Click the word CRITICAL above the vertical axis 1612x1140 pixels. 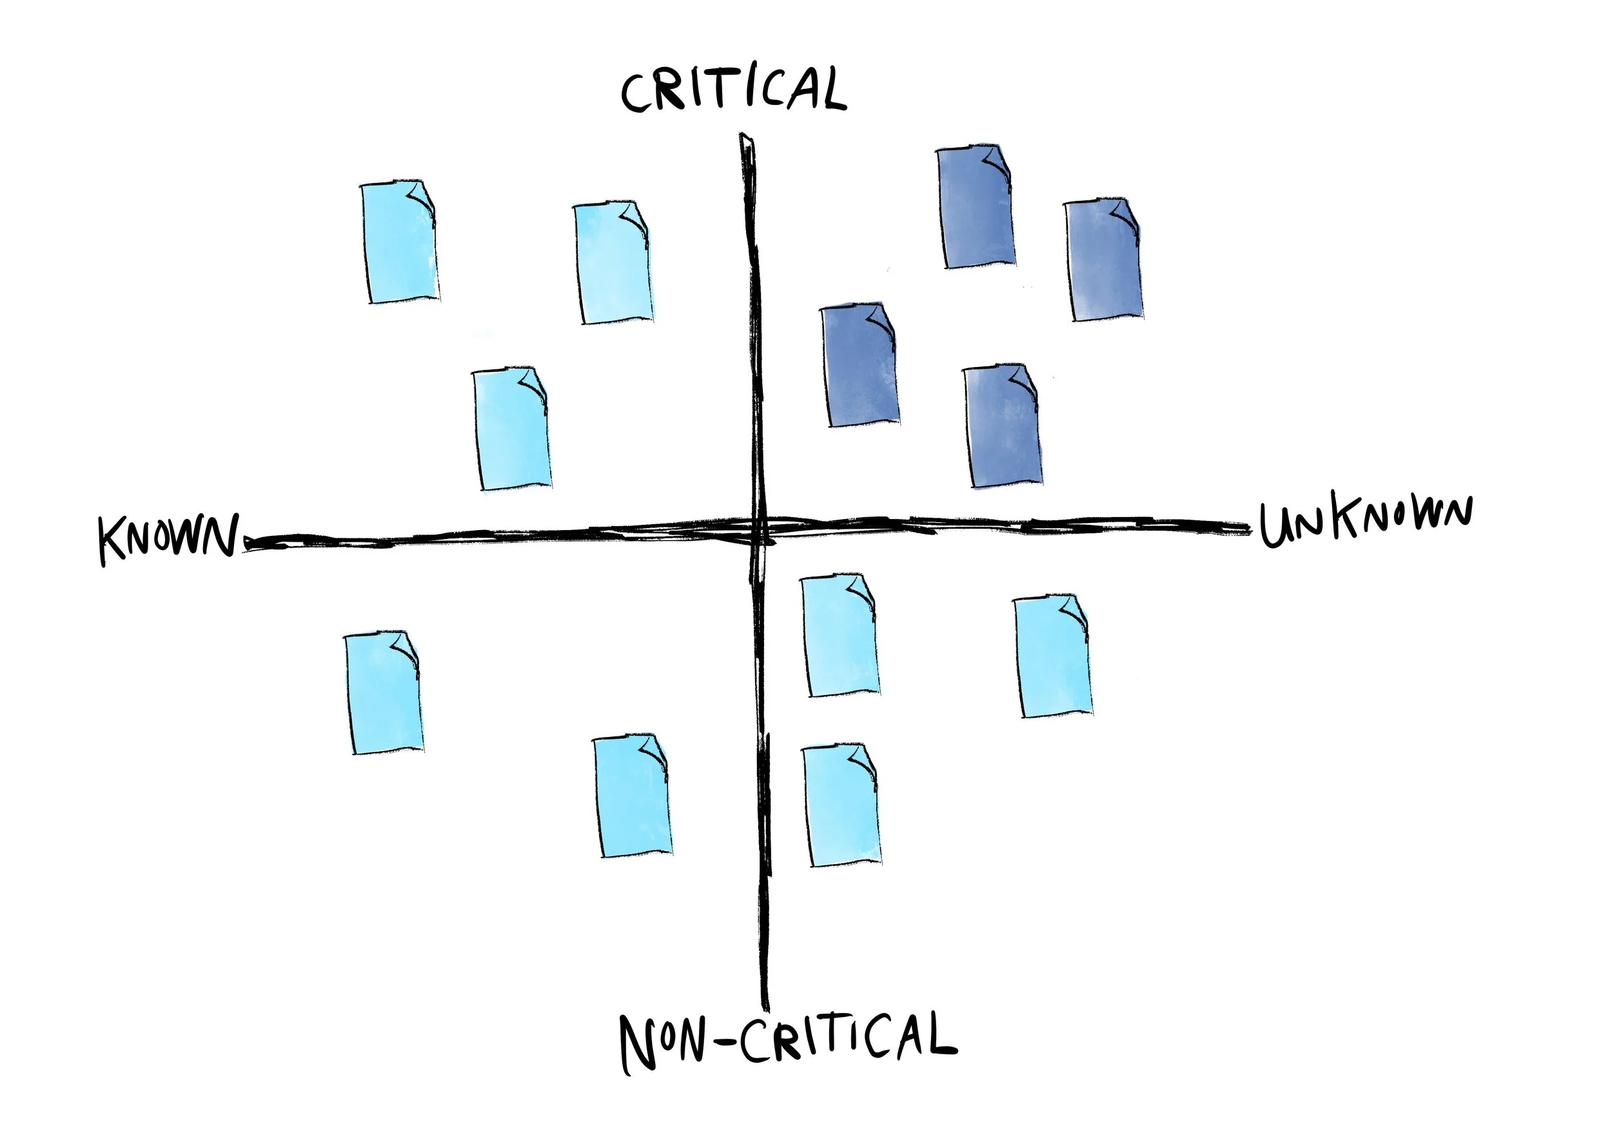[733, 89]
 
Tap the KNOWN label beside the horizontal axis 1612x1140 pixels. [168, 538]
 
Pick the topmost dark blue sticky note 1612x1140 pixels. [976, 207]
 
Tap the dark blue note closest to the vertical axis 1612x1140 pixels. [861, 365]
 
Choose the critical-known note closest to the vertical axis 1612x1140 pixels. [613, 263]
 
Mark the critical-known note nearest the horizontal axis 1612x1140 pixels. [513, 428]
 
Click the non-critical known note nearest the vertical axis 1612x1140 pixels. [633, 797]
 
